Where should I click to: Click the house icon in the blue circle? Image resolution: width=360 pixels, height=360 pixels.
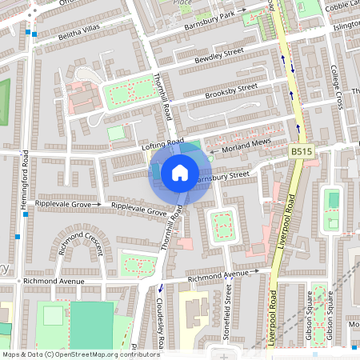coord(180,172)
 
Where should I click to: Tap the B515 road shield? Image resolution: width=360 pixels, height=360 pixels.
coord(302,151)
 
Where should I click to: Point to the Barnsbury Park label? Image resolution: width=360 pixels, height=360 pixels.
coord(209,19)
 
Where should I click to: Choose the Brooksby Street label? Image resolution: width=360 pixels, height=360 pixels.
coord(230,90)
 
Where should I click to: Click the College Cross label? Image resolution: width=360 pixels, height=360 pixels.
coord(337,88)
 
